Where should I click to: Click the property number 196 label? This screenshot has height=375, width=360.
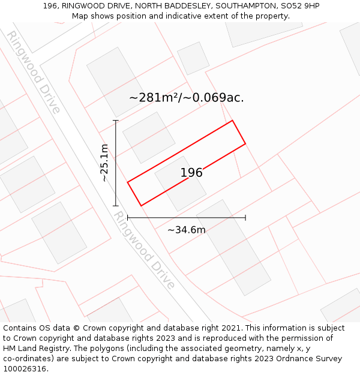tap(191, 173)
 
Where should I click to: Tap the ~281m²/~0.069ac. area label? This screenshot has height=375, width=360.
tap(187, 97)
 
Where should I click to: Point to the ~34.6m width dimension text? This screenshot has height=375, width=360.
tap(186, 230)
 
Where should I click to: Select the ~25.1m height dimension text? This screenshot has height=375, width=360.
tap(104, 163)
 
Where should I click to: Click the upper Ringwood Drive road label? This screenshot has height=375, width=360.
tap(34, 72)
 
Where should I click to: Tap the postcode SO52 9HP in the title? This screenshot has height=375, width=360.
tap(300, 6)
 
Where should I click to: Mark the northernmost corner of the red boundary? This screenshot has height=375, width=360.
tap(232, 121)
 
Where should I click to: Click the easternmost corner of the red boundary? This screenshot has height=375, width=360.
tap(245, 143)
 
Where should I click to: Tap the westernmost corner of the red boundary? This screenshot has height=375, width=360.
tap(128, 182)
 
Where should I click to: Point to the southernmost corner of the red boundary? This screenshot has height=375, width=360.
tap(141, 206)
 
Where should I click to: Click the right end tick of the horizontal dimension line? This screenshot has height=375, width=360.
tap(245, 217)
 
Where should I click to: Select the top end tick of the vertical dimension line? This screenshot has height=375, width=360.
tap(116, 121)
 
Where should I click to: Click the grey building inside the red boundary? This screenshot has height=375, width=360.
tap(180, 184)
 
